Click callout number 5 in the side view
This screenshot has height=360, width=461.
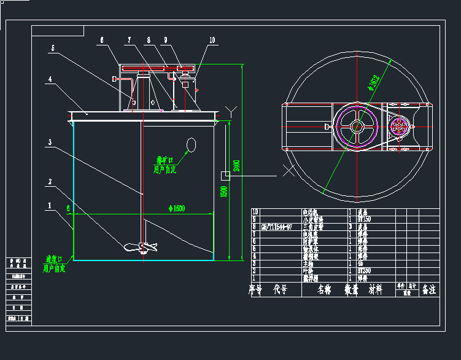click(x=53, y=48)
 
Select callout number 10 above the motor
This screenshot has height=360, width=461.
click(x=212, y=41)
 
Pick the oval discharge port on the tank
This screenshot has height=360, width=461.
click(x=191, y=146)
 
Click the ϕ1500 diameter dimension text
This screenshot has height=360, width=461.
click(x=176, y=209)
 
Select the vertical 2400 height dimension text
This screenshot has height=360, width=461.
click(x=238, y=165)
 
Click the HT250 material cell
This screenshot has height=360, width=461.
click(x=363, y=270)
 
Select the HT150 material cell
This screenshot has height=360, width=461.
click(x=363, y=219)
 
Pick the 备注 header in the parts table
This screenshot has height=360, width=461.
click(x=428, y=289)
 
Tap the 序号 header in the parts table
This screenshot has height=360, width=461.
click(x=255, y=289)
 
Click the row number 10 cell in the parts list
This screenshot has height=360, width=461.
click(x=255, y=212)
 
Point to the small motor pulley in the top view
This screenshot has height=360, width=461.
click(x=400, y=127)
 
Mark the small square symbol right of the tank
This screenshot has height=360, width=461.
click(x=225, y=176)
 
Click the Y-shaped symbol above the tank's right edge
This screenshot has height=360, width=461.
click(x=231, y=111)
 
